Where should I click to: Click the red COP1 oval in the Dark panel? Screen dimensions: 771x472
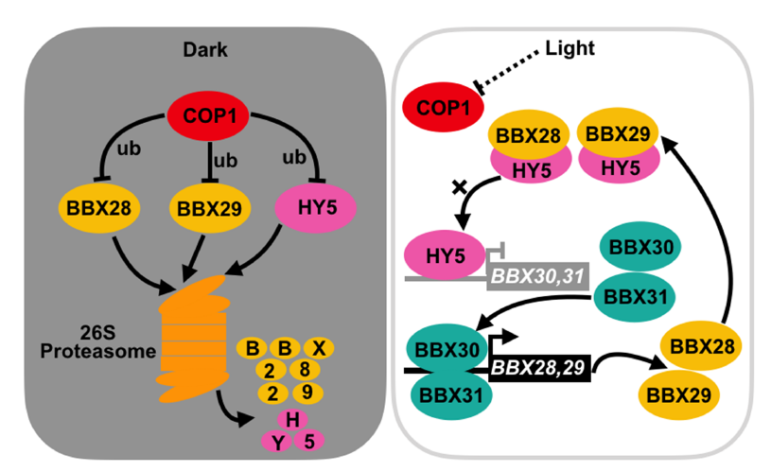(208, 116)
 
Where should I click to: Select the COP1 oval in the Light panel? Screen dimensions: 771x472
(443, 107)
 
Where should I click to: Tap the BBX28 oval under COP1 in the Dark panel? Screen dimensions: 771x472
(98, 208)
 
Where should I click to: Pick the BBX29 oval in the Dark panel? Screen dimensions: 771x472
(209, 208)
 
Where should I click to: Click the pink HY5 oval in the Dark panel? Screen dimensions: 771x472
(315, 208)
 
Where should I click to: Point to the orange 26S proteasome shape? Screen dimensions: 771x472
(194, 339)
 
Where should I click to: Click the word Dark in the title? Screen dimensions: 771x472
(205, 50)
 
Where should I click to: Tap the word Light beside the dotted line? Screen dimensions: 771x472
(569, 48)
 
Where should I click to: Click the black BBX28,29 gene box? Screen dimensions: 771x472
(539, 368)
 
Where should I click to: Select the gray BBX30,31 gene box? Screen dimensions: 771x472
(538, 276)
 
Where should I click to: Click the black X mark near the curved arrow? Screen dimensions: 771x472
(459, 187)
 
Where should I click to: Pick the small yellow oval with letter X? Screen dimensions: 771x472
(319, 348)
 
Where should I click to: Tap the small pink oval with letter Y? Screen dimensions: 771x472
(278, 442)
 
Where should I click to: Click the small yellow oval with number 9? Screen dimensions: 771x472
(307, 393)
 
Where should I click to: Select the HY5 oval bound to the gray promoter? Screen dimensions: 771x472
(444, 254)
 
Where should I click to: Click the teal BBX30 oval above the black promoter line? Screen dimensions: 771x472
(447, 349)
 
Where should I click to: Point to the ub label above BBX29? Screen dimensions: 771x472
(226, 160)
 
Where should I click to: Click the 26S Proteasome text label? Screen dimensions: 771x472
(97, 342)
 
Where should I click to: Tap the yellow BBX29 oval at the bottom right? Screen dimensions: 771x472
(678, 394)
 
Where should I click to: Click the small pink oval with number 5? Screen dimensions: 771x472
(309, 441)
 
